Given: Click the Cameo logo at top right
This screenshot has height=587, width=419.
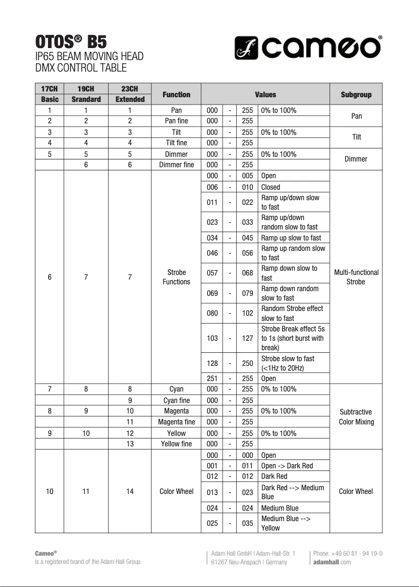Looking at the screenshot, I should (x=308, y=48).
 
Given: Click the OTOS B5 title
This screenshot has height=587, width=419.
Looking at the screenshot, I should (x=71, y=41).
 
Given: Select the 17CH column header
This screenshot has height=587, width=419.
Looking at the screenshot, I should (x=50, y=88).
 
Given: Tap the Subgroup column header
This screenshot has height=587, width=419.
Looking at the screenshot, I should (x=356, y=95).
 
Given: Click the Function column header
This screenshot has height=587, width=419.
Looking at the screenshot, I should (x=176, y=95).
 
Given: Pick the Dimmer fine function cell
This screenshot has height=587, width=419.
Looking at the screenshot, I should (x=176, y=165).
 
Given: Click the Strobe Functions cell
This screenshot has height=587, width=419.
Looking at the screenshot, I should (x=176, y=277).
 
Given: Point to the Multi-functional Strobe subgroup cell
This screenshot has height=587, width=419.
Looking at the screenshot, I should (x=356, y=277).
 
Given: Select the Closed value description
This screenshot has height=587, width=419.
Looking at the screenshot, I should (x=271, y=187).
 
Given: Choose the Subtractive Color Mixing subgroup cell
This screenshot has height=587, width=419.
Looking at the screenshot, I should (x=356, y=417).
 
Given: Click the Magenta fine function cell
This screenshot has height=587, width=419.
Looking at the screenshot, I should (x=176, y=422).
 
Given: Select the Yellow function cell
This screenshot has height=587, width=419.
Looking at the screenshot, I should (x=176, y=433).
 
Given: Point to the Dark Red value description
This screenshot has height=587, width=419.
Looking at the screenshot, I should (x=274, y=476).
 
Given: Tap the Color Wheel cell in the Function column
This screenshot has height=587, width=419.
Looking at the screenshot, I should (x=176, y=491).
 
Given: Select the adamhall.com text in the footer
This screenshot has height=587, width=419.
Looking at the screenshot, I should (x=332, y=562).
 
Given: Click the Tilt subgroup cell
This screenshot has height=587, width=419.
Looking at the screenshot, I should (x=356, y=137).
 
